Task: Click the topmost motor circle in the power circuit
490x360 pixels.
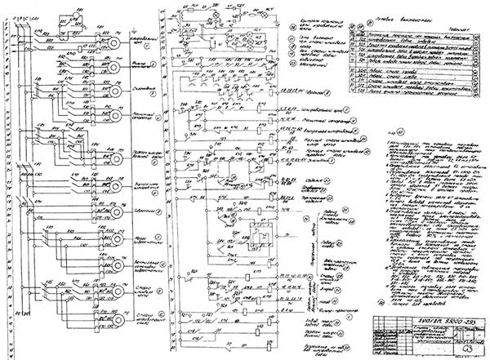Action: point(114,41)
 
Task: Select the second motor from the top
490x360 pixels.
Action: point(114,67)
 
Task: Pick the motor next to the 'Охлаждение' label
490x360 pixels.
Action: point(114,92)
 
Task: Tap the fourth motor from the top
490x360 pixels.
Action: point(114,120)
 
